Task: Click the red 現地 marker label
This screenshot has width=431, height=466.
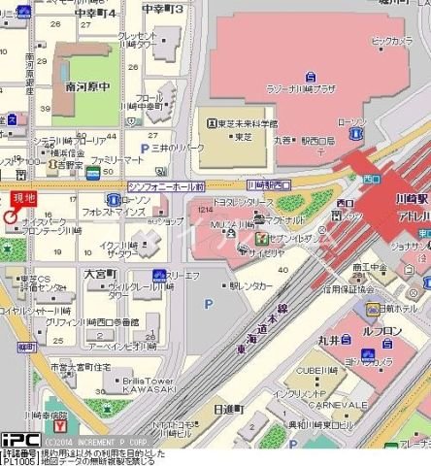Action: (22, 198)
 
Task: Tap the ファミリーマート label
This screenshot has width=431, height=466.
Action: (118, 158)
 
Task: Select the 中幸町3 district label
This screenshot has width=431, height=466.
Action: (162, 9)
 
